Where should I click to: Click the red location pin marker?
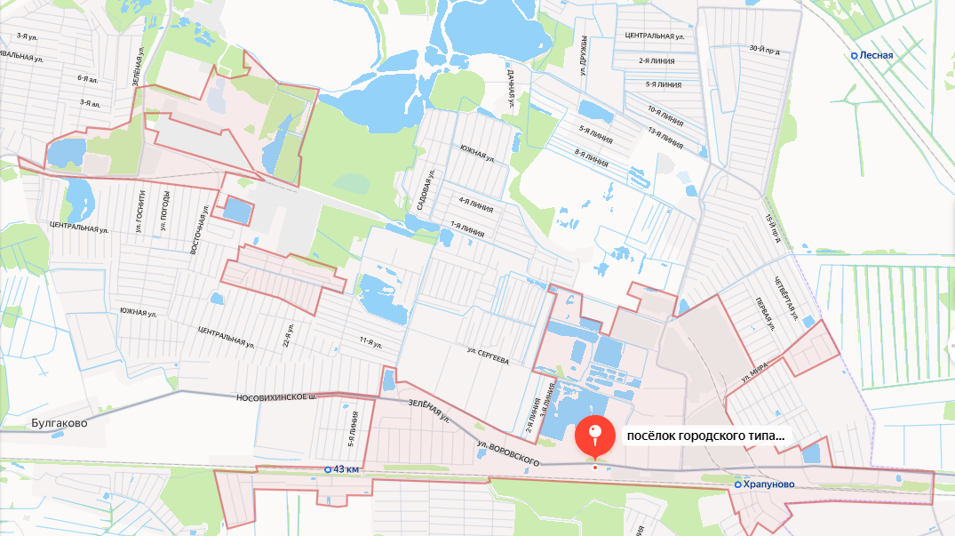point(595,436)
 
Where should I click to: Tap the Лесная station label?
point(875,55)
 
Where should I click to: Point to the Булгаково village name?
point(60,423)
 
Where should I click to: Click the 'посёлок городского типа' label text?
point(705,436)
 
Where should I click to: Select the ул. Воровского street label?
point(508,452)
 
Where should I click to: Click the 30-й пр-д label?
point(764,50)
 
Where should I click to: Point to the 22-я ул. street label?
point(287,336)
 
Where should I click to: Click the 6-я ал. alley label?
point(86,78)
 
